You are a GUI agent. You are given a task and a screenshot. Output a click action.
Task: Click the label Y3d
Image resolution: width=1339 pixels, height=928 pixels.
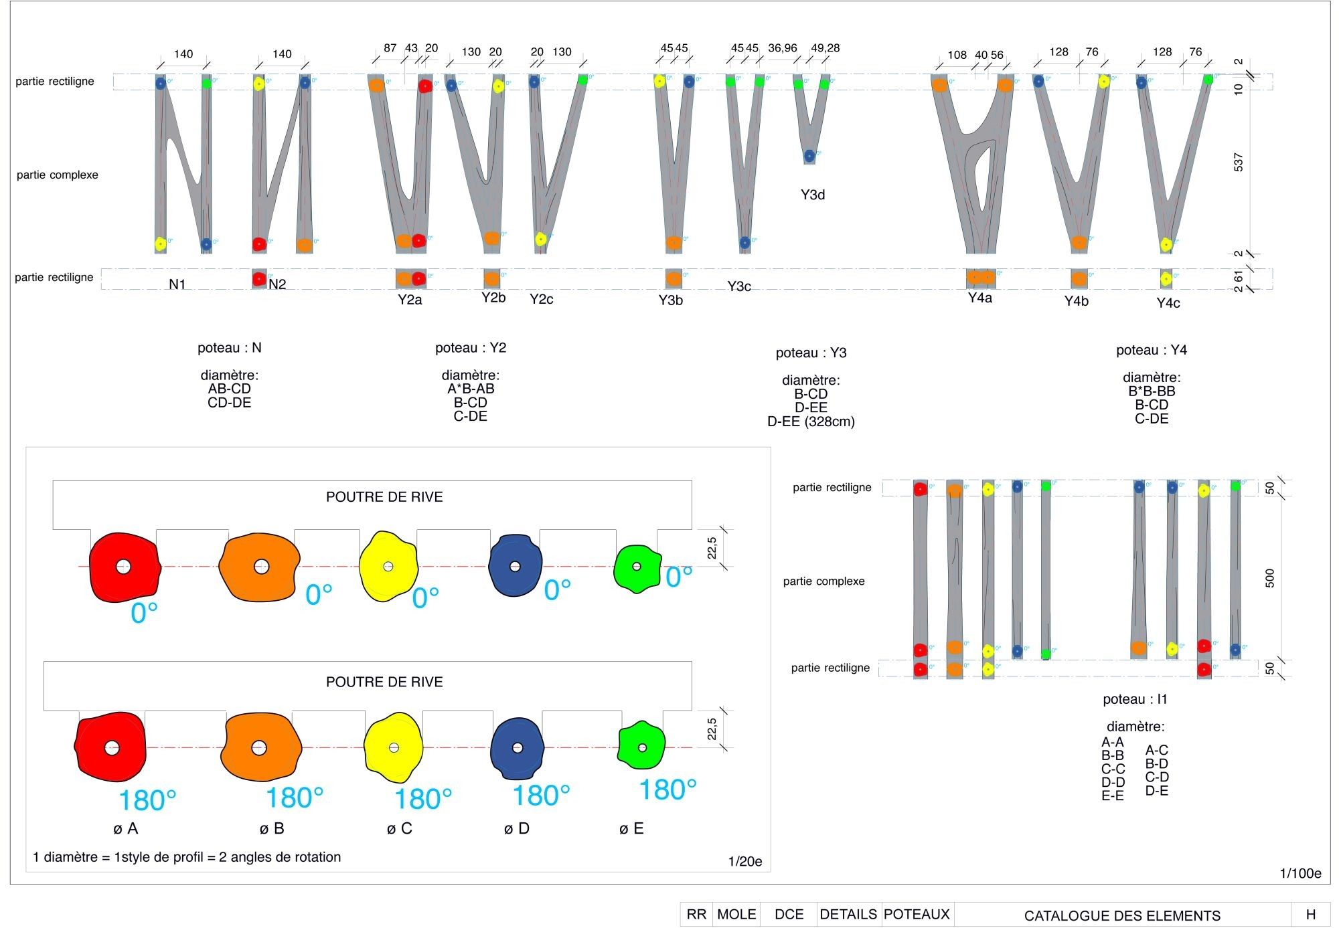coord(812,195)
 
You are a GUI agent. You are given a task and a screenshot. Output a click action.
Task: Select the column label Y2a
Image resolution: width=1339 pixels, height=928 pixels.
coord(410,300)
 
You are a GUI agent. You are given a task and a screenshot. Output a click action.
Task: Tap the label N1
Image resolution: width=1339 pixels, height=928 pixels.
coord(177,284)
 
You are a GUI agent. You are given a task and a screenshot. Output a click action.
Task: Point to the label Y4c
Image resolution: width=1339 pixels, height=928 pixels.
coord(1168,303)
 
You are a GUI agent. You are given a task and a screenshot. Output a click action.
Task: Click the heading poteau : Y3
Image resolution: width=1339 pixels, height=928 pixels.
coord(811,353)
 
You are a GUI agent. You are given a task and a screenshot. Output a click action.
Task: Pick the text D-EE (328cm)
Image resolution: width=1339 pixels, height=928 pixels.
coord(811,422)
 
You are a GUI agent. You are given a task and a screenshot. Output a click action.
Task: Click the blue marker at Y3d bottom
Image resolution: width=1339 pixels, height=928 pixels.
coord(809,156)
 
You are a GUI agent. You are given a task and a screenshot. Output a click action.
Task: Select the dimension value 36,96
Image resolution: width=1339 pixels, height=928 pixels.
coord(782,48)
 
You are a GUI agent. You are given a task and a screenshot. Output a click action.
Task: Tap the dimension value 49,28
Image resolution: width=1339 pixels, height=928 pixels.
coord(825,48)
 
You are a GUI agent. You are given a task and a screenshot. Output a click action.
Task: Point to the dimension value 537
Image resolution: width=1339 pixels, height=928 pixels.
coord(1238,163)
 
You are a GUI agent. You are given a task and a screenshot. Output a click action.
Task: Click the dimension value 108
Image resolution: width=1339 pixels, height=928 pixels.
coord(957,55)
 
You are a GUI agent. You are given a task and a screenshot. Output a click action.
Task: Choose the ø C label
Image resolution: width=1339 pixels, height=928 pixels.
coord(399,828)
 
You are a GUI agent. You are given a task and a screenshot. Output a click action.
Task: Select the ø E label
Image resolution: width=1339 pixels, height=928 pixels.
coord(631,828)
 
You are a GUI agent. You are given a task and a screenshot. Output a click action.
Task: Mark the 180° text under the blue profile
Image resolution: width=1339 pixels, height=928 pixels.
coord(541,796)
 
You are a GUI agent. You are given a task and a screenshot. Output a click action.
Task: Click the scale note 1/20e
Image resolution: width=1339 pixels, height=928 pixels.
coord(745,861)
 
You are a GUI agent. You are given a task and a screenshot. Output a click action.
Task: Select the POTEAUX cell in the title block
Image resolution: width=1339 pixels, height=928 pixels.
coord(917,914)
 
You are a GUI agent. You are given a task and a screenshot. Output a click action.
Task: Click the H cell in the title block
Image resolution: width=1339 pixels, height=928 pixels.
coord(1310,915)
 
